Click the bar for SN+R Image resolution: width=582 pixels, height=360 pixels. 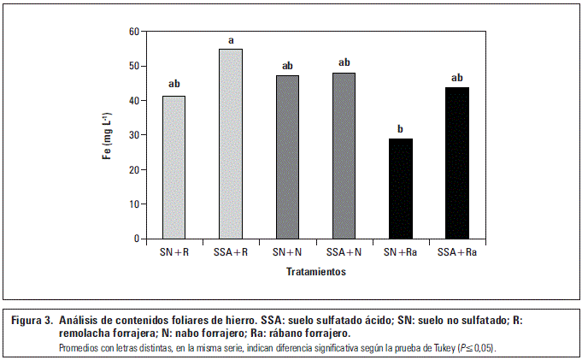tap(174, 168)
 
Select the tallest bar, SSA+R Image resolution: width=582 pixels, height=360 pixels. tap(231, 145)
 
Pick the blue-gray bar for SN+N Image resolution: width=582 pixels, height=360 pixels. tap(287, 157)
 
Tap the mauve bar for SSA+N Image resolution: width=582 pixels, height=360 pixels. tap(344, 156)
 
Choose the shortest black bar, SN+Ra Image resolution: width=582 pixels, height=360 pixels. tap(400, 188)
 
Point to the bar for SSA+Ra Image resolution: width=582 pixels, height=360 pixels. tap(456, 163)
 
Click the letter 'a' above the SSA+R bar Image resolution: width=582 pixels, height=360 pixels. tap(231, 40)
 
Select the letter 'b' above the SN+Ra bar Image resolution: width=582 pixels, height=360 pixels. tap(400, 130)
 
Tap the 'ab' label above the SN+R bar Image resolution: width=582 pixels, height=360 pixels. tap(174, 84)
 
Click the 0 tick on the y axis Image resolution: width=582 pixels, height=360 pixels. tap(136, 239)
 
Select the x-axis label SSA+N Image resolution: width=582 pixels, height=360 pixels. tap(344, 253)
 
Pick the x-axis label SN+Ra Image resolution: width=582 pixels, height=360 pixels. tap(400, 253)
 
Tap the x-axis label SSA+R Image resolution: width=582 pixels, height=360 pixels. tap(231, 253)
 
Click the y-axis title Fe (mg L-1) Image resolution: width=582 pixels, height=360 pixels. tap(108, 135)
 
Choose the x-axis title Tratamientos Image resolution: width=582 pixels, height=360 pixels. tap(315, 273)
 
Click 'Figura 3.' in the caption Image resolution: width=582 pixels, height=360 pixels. tap(32, 321)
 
